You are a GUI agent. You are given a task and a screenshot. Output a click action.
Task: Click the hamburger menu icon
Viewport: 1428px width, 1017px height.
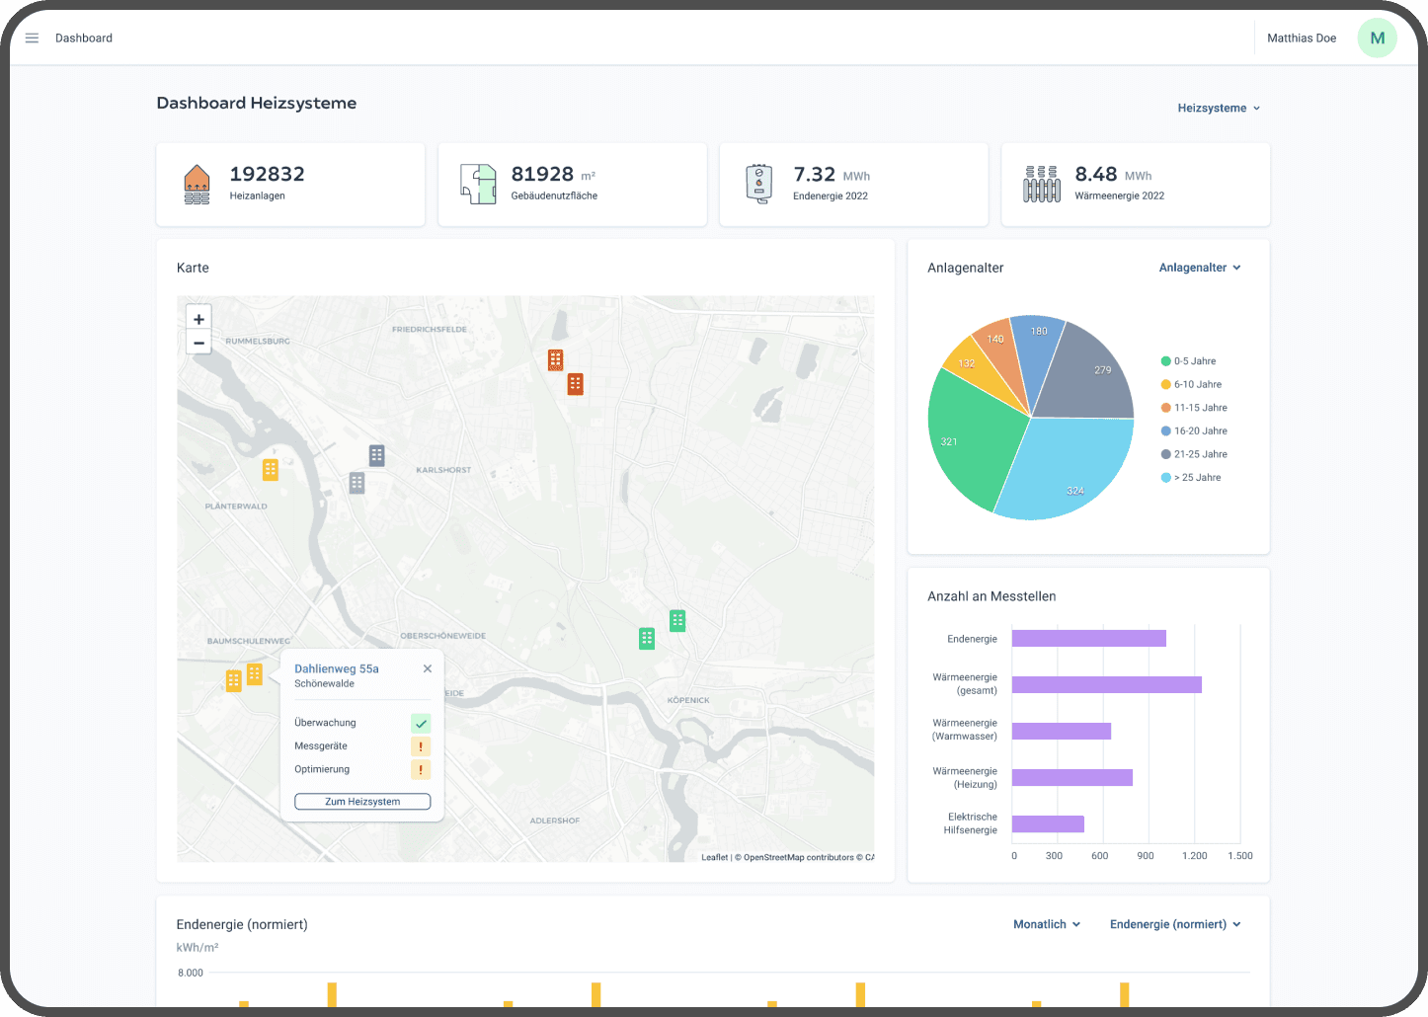pos(32,39)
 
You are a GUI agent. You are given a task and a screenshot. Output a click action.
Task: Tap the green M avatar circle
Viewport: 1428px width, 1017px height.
pos(1377,39)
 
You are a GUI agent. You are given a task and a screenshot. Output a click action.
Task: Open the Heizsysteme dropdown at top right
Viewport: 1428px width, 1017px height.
pos(1219,109)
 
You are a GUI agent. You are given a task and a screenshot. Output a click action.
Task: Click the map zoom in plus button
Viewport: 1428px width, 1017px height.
pos(198,319)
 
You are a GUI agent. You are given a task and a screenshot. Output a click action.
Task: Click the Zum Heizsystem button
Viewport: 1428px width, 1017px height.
pos(362,802)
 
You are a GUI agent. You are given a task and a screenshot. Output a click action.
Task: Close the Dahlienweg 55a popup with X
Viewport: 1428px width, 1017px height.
pos(428,668)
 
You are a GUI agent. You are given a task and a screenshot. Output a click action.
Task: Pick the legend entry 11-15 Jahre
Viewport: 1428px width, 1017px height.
pos(1199,408)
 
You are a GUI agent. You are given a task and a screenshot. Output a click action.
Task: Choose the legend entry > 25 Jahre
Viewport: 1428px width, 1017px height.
pos(1196,478)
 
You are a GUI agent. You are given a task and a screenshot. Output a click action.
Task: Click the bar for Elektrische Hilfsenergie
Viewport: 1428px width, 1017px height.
pos(1048,824)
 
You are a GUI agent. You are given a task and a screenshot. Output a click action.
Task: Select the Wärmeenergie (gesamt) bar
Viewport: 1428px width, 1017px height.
pos(1106,684)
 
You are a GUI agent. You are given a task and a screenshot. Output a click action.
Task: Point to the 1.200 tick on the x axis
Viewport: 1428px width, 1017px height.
pos(1195,856)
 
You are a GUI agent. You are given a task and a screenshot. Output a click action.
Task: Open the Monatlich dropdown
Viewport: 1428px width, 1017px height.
pos(1047,925)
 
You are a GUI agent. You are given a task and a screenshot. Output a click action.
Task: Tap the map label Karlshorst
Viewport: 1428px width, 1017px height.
pos(443,470)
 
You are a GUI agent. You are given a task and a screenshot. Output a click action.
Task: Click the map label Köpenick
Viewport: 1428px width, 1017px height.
pos(688,700)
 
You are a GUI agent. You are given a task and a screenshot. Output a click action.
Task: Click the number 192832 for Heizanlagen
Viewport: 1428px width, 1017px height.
pos(267,175)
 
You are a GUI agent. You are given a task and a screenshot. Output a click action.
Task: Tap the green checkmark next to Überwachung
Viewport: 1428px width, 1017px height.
pos(421,724)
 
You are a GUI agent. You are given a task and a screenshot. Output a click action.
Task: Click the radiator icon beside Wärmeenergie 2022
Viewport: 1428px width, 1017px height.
pos(1041,185)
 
